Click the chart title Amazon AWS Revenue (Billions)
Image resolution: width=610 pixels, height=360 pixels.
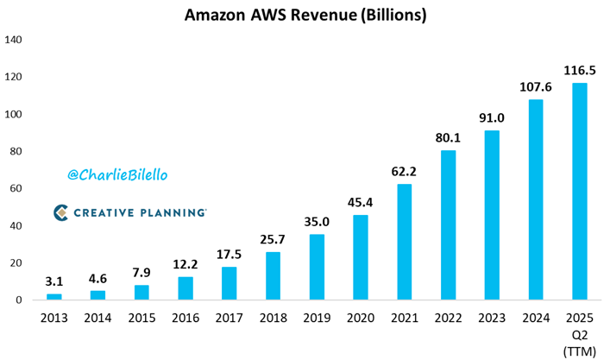click(305, 16)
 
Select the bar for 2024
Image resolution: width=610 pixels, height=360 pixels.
click(536, 199)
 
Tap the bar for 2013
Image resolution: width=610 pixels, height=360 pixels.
click(53, 296)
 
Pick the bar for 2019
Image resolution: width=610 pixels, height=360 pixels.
click(317, 267)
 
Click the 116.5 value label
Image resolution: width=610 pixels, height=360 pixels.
click(580, 69)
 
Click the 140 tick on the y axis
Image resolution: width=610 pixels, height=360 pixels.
click(15, 41)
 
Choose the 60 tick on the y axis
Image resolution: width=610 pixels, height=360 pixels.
click(17, 189)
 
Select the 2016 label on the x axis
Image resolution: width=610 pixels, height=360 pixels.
click(186, 318)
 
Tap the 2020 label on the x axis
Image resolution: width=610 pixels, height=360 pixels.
click(361, 318)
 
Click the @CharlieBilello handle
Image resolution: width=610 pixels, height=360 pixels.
click(117, 174)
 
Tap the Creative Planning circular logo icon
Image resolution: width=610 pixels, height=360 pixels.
click(61, 212)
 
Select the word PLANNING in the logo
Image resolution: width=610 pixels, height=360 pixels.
click(173, 212)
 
